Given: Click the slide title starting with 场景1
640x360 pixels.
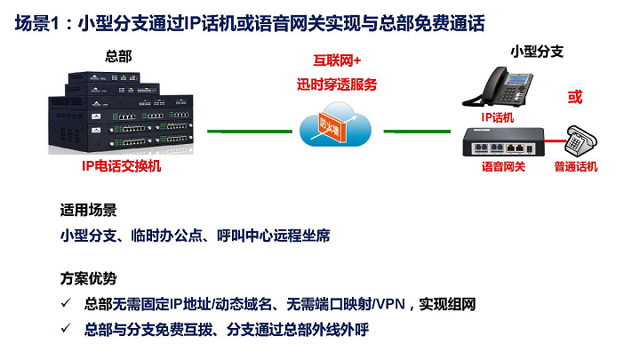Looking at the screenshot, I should (x=250, y=24).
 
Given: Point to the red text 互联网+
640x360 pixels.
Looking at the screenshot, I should (x=337, y=61).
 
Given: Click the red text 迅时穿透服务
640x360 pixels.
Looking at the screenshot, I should (x=337, y=84).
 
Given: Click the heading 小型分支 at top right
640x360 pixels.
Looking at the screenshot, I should (x=536, y=51).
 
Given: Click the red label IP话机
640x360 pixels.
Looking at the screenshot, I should (x=498, y=116).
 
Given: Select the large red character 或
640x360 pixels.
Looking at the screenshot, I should (x=575, y=96).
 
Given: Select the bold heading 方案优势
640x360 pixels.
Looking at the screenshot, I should (x=88, y=277).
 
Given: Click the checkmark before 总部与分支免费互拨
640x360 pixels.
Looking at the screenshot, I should (x=66, y=329).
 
